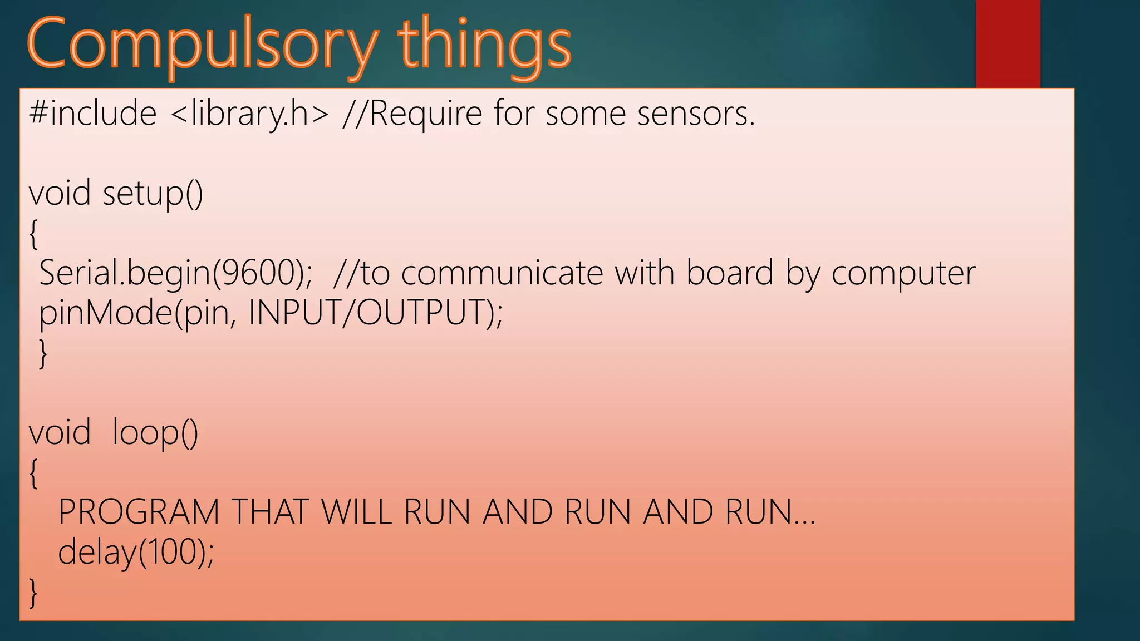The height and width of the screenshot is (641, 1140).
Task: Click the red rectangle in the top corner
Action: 1008,43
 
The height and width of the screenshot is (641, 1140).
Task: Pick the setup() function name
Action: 153,194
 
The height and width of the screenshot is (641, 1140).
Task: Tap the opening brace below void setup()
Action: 33,234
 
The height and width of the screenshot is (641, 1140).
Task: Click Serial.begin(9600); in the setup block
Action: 176,273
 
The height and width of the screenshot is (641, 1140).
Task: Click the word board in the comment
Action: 730,273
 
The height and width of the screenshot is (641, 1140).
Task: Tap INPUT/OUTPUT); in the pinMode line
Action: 376,313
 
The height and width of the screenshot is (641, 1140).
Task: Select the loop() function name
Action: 155,432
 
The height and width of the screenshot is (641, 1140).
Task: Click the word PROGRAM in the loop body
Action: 139,512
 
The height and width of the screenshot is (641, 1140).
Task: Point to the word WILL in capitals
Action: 357,512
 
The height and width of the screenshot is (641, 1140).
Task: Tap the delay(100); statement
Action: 136,552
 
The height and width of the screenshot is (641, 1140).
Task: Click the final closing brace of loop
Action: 33,592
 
